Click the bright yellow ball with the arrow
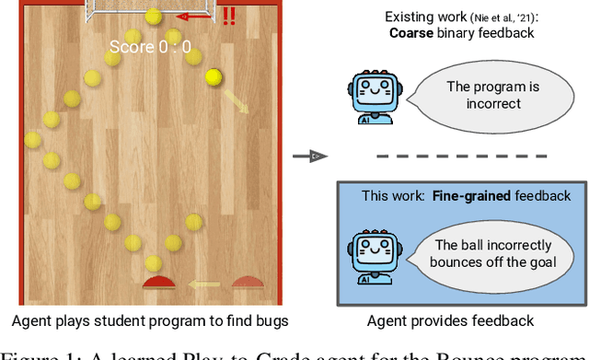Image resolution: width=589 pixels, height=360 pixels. pos(214,78)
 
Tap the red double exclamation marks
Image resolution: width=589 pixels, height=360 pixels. pos(228,16)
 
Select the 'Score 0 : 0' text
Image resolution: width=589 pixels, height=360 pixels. pos(150,46)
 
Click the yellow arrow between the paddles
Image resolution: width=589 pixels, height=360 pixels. pos(203,284)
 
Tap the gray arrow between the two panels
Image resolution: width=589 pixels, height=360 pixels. pos(313,157)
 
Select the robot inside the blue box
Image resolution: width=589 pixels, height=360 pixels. pos(375,257)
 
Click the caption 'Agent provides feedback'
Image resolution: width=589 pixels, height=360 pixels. pos(450,321)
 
